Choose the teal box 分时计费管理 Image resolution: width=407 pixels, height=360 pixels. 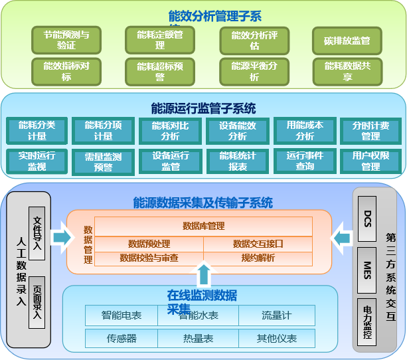pos(370,131)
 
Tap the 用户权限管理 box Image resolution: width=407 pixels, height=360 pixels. pos(370,161)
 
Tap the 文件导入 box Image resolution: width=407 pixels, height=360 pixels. pos(37,232)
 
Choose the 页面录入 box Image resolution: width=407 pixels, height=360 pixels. pos(37,302)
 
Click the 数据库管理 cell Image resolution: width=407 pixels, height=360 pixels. pos(203,226)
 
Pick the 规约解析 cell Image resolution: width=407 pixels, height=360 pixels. pos(258,258)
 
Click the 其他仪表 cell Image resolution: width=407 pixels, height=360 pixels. pos(277,338)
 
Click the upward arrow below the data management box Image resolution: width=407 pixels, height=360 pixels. pos(204,274)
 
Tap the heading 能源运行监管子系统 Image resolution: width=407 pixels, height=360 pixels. pos(203,108)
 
